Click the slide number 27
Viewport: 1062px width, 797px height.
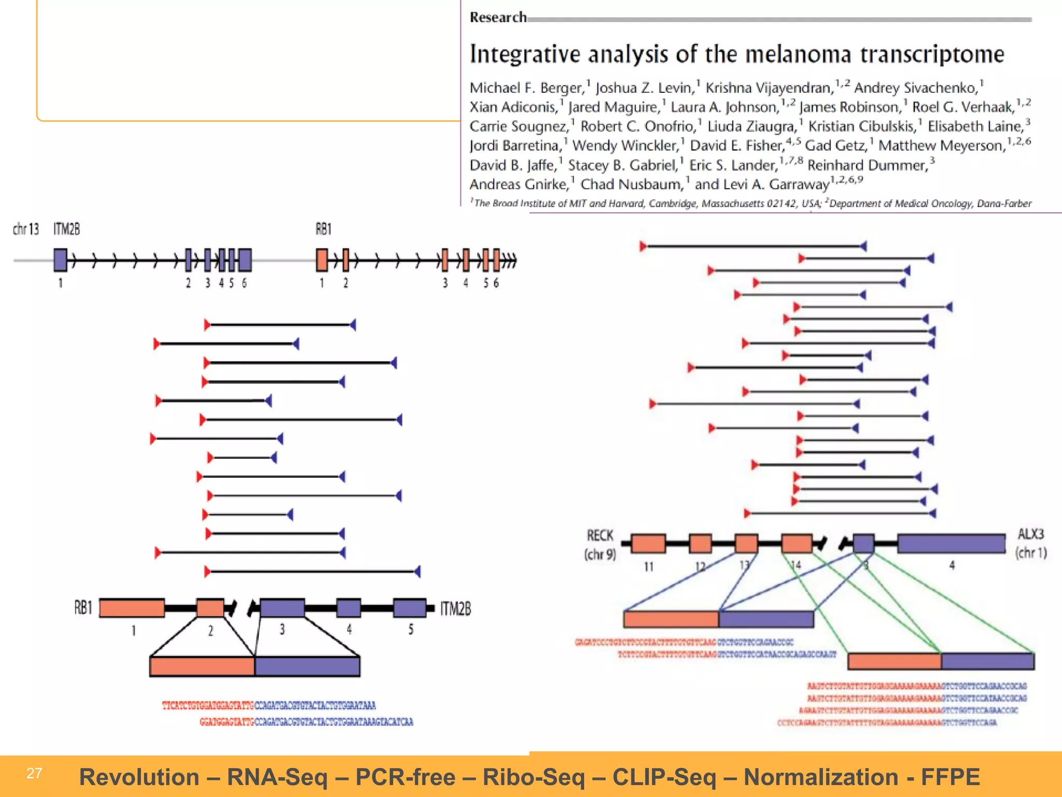(34, 773)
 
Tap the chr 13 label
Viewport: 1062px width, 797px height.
(25, 229)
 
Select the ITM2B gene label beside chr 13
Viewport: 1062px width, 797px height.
(66, 229)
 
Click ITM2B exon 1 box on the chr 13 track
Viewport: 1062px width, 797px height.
(61, 260)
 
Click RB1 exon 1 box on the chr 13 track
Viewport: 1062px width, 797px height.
(322, 260)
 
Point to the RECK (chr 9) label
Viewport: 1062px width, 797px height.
(600, 545)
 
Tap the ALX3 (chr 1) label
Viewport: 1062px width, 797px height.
(1031, 543)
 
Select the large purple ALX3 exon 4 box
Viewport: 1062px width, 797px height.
(952, 543)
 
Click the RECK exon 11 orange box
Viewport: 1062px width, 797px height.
(649, 543)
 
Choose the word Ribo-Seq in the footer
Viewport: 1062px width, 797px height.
(534, 777)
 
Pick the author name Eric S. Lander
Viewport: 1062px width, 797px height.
(733, 165)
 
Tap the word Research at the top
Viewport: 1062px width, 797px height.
(498, 18)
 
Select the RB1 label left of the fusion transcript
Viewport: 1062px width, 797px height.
(83, 607)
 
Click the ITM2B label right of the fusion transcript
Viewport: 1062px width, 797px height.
(455, 609)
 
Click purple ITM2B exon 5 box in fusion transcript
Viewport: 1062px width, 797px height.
(409, 608)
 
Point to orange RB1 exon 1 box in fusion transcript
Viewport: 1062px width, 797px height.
(132, 608)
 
